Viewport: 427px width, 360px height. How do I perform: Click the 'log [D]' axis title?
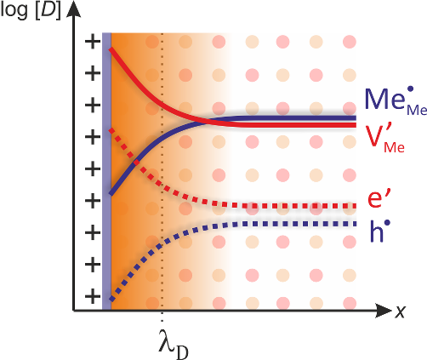point(31,11)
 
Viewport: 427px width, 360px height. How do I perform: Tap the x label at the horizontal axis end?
point(401,311)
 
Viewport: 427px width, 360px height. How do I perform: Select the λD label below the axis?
point(174,344)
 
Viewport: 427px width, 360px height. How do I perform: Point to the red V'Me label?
point(384,139)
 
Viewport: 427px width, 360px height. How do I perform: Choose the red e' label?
point(379,198)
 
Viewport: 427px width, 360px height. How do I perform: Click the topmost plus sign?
point(93,42)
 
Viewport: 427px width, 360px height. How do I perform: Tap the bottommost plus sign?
point(93,297)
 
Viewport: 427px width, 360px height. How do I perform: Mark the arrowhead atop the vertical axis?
point(73,9)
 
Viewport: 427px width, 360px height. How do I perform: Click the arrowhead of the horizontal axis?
point(384,311)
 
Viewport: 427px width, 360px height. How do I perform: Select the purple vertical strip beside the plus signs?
point(106,171)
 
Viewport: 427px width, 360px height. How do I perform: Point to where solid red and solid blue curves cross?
point(205,122)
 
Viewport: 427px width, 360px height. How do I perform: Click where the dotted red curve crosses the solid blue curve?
point(137,163)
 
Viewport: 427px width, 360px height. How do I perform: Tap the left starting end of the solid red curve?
point(111,49)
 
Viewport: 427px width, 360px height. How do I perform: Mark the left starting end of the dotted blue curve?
point(111,300)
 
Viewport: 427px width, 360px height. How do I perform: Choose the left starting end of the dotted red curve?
point(111,130)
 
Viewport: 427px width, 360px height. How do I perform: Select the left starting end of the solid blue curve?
point(111,194)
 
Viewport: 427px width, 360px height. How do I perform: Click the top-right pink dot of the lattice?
point(350,42)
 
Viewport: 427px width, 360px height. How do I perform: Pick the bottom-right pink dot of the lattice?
point(350,303)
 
